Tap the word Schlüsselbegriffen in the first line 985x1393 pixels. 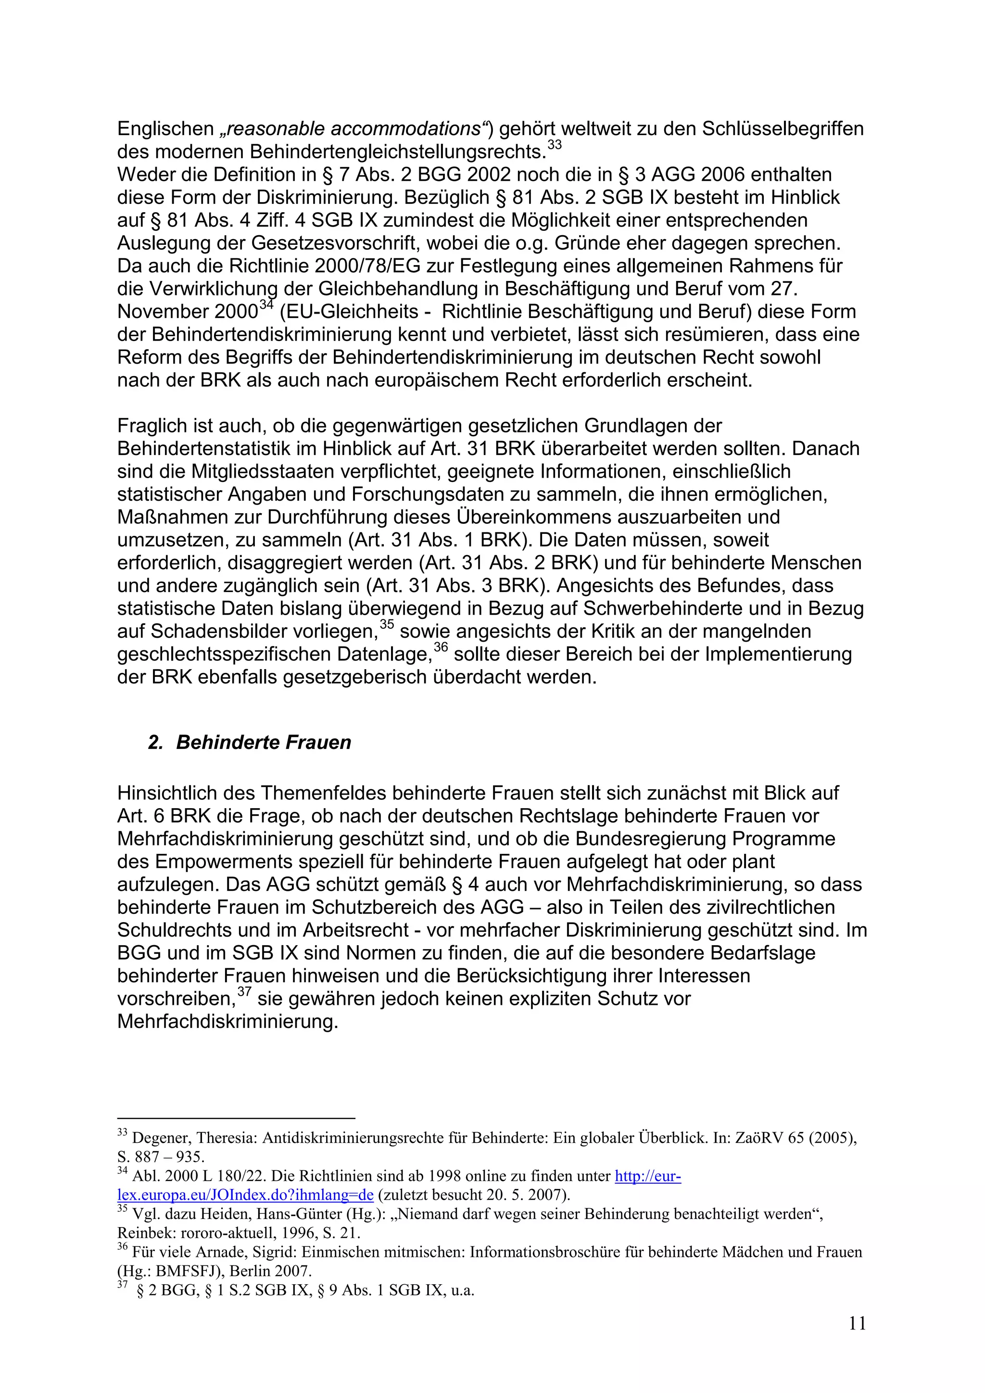coord(783,129)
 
